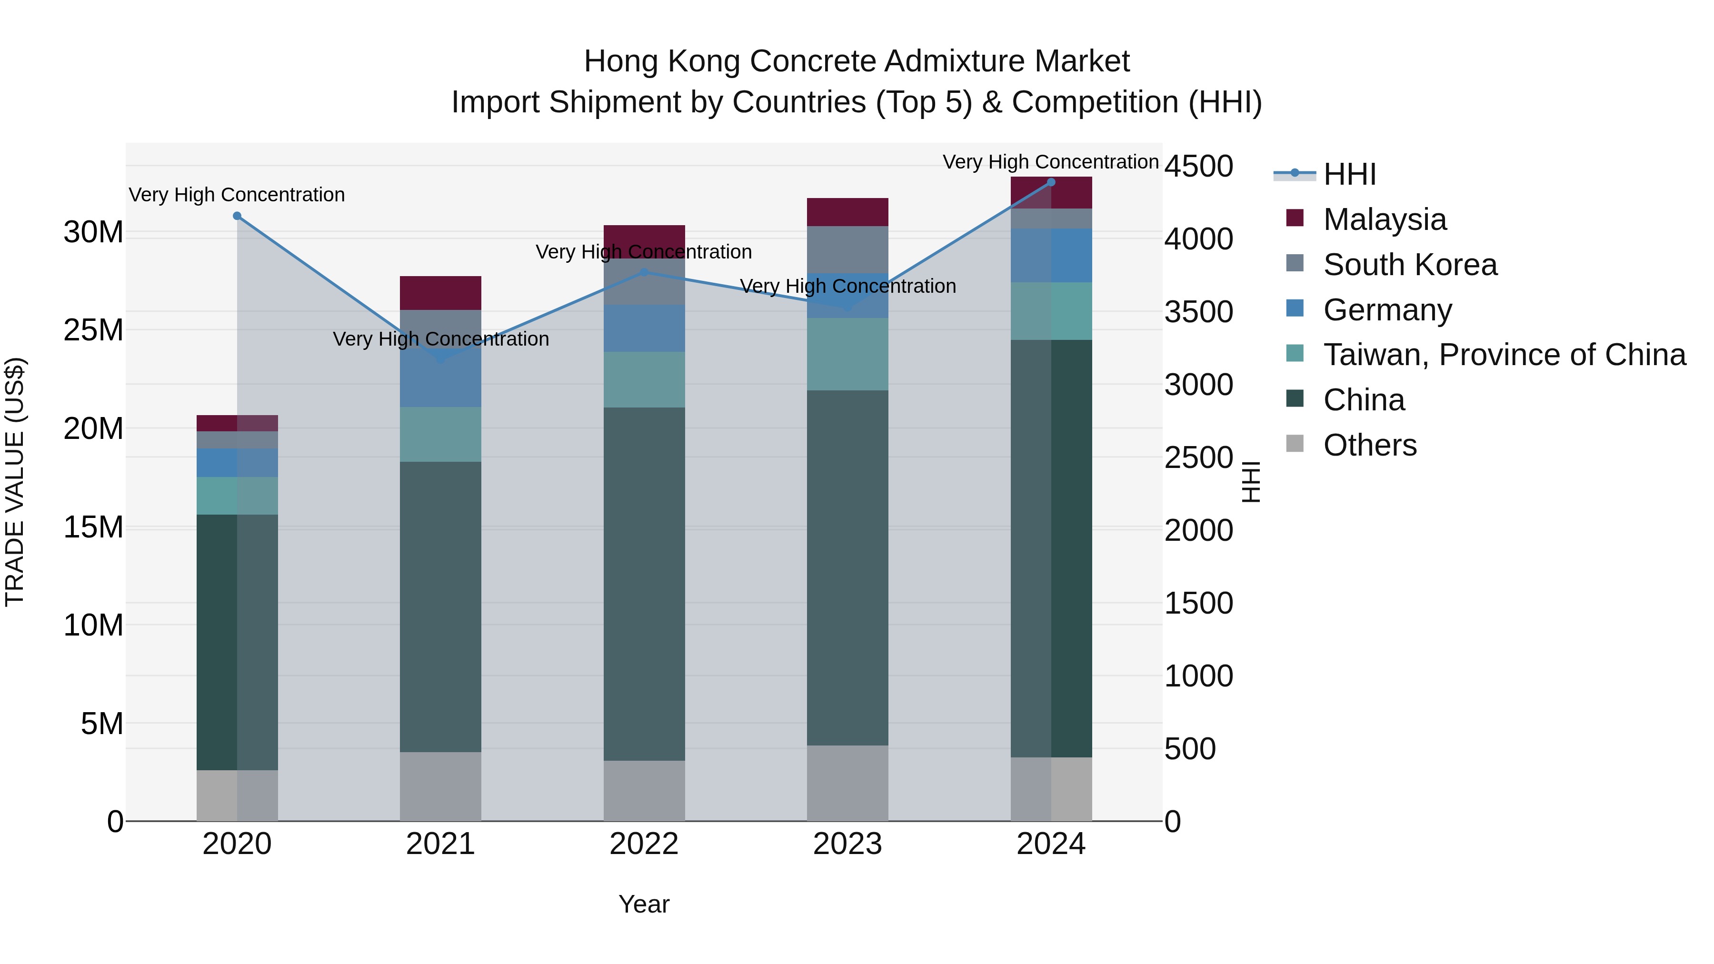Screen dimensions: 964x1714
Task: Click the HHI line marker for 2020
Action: click(x=237, y=216)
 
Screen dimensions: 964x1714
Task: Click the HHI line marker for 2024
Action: click(x=1051, y=182)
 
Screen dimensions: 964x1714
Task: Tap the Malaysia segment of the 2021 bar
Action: click(x=440, y=293)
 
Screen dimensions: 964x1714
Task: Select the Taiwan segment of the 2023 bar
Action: click(x=847, y=354)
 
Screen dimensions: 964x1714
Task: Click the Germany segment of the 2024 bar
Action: click(x=1051, y=256)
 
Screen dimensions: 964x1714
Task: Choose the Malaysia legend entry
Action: click(x=1384, y=219)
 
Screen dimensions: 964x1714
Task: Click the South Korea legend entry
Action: click(x=1409, y=265)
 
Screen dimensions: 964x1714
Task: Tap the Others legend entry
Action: click(x=1369, y=445)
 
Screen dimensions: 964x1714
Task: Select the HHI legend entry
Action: click(x=1349, y=174)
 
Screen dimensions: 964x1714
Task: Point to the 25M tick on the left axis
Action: click(x=93, y=330)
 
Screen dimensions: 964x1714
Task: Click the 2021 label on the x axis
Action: click(x=440, y=844)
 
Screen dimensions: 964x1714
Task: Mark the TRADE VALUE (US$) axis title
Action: click(x=15, y=482)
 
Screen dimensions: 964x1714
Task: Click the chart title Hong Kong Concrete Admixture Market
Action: click(x=857, y=61)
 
